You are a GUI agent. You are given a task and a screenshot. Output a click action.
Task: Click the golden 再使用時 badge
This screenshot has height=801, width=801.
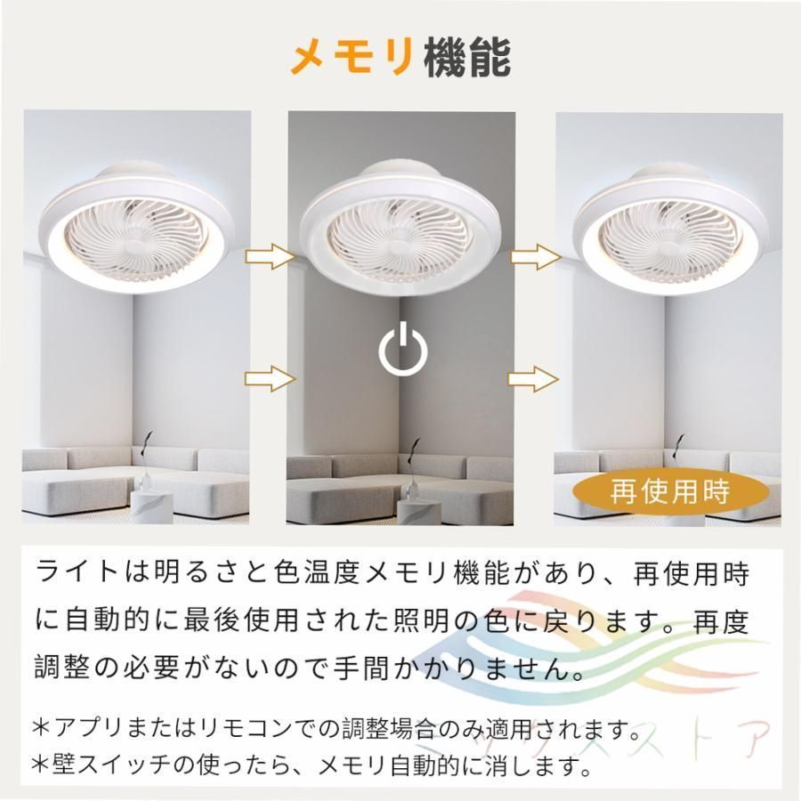point(669,490)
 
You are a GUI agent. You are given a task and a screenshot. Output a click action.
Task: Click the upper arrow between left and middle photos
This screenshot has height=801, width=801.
point(270,257)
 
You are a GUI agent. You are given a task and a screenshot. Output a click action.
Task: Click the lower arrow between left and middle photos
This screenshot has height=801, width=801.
point(270,379)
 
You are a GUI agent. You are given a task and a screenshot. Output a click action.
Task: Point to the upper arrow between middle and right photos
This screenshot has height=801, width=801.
point(536,257)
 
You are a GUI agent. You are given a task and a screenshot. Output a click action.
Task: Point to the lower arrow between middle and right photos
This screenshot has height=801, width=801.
point(536,379)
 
